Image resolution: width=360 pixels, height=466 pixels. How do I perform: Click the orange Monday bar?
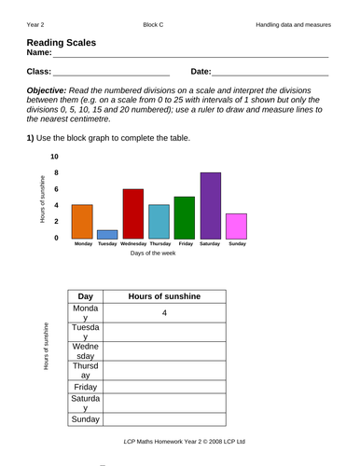coord(82,221)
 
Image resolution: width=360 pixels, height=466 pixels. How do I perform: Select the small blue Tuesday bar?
coord(107,234)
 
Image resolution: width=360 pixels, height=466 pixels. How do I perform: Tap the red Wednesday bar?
coord(133,213)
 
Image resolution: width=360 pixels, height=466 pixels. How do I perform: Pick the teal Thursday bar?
coord(159,221)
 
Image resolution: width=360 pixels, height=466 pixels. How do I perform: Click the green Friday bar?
coord(184,217)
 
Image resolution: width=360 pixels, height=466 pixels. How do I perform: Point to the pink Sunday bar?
coord(236,226)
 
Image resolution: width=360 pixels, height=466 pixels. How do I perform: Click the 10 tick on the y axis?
coord(55,157)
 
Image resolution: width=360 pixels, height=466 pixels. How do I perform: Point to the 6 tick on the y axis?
coord(55,189)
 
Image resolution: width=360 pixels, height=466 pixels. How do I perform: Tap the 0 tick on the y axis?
coord(55,238)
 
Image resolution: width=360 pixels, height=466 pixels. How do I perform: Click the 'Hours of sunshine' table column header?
coord(164,296)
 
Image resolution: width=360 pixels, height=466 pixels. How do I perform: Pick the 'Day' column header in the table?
coord(86,296)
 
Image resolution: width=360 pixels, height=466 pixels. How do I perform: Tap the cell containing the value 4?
coord(164,313)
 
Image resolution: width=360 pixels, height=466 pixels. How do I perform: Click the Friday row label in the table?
coord(86,386)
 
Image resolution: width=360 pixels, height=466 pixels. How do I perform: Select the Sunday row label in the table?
coord(86,419)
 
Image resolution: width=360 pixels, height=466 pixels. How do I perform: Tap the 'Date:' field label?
coord(201,71)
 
